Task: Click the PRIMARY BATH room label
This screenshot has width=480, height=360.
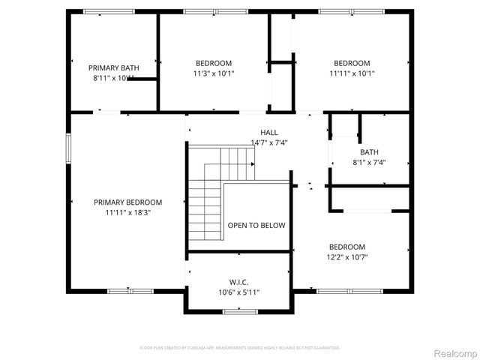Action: point(115,67)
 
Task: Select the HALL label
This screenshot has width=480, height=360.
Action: point(268,132)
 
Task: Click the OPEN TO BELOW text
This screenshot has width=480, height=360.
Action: point(256,225)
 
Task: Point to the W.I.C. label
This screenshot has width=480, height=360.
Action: point(239,282)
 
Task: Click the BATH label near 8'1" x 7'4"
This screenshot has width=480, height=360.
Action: point(369,152)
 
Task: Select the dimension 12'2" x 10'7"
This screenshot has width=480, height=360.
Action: point(346,257)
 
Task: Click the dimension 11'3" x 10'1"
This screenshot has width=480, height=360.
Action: point(214,73)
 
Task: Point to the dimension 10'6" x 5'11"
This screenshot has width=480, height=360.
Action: point(239,292)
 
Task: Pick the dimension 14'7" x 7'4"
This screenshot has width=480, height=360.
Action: point(268,142)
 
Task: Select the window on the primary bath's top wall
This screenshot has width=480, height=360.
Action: point(109,11)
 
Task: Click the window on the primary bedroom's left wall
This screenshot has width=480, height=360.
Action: point(68,147)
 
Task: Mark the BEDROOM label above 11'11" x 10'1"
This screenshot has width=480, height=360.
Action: point(352,63)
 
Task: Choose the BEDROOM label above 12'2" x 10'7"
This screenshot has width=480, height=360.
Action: point(346,247)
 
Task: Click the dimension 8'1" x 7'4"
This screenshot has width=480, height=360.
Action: point(369,163)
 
